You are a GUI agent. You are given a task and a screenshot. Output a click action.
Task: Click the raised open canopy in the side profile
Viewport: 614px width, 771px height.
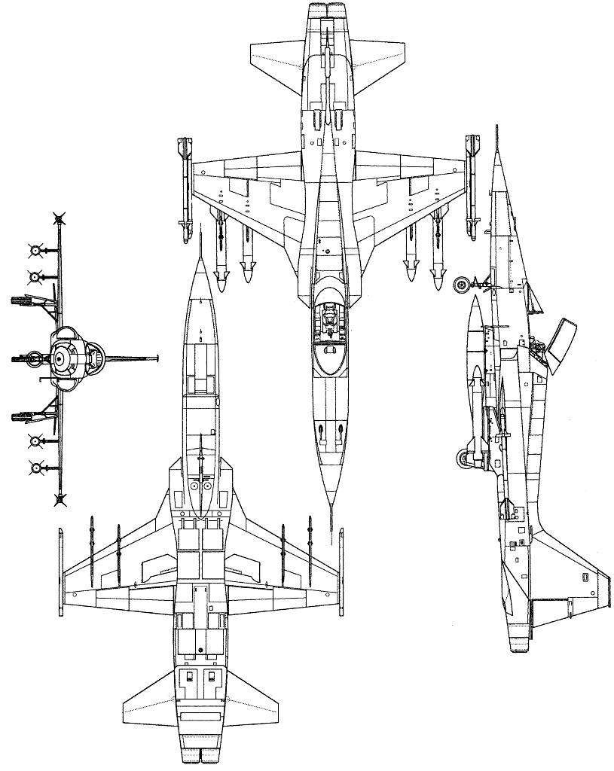(x=564, y=343)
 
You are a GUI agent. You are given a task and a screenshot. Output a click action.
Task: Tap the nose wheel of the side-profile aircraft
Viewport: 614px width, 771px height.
(x=462, y=284)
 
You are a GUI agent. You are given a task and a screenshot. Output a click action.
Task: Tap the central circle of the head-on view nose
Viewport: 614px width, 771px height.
(x=58, y=360)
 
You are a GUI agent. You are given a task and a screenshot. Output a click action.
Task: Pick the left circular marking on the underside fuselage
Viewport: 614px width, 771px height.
(x=194, y=487)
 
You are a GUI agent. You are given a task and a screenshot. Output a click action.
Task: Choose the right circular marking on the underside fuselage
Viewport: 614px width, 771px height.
(x=208, y=487)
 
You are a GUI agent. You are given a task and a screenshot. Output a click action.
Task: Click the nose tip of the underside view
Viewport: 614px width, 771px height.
(x=200, y=259)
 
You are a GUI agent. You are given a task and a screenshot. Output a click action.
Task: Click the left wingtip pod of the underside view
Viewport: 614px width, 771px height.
(x=61, y=565)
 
